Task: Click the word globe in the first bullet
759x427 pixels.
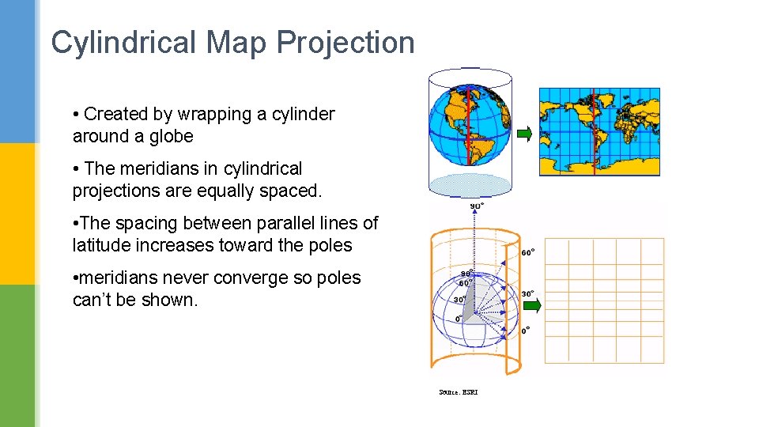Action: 172,136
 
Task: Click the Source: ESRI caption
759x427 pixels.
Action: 459,392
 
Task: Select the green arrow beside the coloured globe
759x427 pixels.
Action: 524,134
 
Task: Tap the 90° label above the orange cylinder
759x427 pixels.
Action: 478,206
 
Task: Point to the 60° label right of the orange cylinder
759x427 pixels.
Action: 527,253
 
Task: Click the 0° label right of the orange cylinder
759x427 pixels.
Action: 526,331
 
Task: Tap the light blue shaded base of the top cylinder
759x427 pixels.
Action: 470,185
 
